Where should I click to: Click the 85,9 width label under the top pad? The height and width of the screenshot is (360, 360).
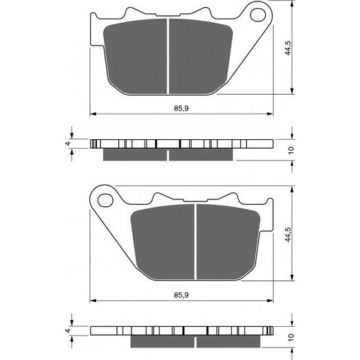click(181, 108)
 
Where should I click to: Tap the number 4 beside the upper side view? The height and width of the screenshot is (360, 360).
click(67, 144)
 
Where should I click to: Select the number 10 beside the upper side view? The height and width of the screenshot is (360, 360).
click(291, 150)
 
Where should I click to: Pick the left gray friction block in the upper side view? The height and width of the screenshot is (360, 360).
click(135, 154)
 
